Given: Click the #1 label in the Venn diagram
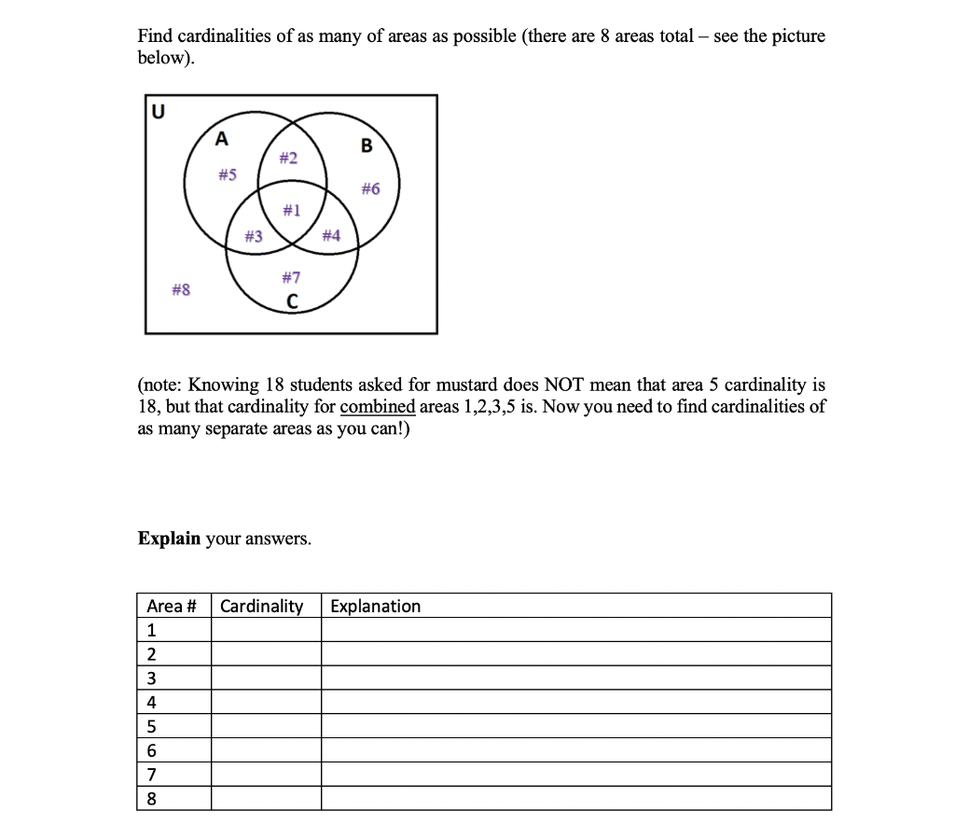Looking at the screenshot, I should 292,210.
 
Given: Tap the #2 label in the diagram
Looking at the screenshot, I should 288,159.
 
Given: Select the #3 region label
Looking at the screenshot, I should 253,236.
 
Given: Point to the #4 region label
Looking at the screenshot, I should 330,236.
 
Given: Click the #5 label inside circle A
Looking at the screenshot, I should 227,175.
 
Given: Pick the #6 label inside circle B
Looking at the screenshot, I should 370,189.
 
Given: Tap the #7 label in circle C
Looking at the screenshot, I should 291,277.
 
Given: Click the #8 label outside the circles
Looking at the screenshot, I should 181,290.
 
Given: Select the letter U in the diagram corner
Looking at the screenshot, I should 158,112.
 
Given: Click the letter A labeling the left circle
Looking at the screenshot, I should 221,140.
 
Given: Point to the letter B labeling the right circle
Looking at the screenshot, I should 366,146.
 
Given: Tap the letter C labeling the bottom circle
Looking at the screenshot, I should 292,301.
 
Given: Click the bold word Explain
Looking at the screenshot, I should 169,538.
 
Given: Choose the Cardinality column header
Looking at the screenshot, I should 262,607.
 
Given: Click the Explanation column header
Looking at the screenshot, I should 375,607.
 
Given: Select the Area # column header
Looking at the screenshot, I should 172,607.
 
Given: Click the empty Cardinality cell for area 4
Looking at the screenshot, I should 267,702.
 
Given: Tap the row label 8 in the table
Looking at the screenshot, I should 152,798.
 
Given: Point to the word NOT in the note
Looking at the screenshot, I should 565,385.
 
